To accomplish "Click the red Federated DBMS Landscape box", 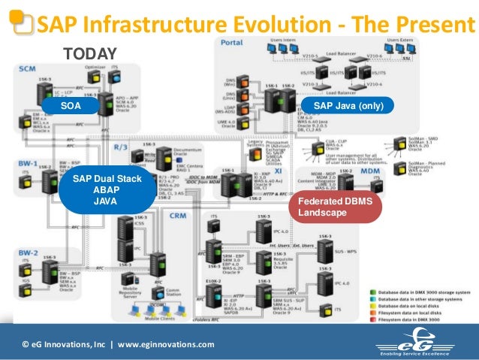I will point(334,208).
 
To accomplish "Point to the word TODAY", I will point(90,53).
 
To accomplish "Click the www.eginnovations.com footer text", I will point(165,344).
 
